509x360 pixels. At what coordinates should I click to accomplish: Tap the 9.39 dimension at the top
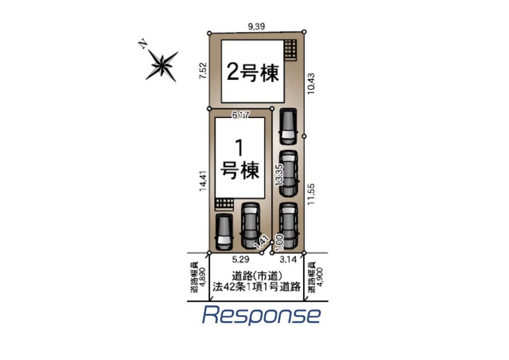tap(257, 26)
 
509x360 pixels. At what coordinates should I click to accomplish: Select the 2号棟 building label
tap(253, 73)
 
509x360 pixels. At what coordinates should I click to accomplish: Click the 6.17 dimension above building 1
tap(240, 116)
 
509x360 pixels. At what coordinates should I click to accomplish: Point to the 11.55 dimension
tap(312, 193)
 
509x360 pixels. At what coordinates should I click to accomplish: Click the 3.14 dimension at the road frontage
tap(288, 259)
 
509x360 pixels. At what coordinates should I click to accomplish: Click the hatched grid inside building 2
tap(290, 50)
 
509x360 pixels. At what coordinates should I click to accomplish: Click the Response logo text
tap(261, 316)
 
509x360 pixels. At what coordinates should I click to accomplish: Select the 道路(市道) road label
tap(258, 276)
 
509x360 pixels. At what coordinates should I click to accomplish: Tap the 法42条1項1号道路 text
tap(258, 287)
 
